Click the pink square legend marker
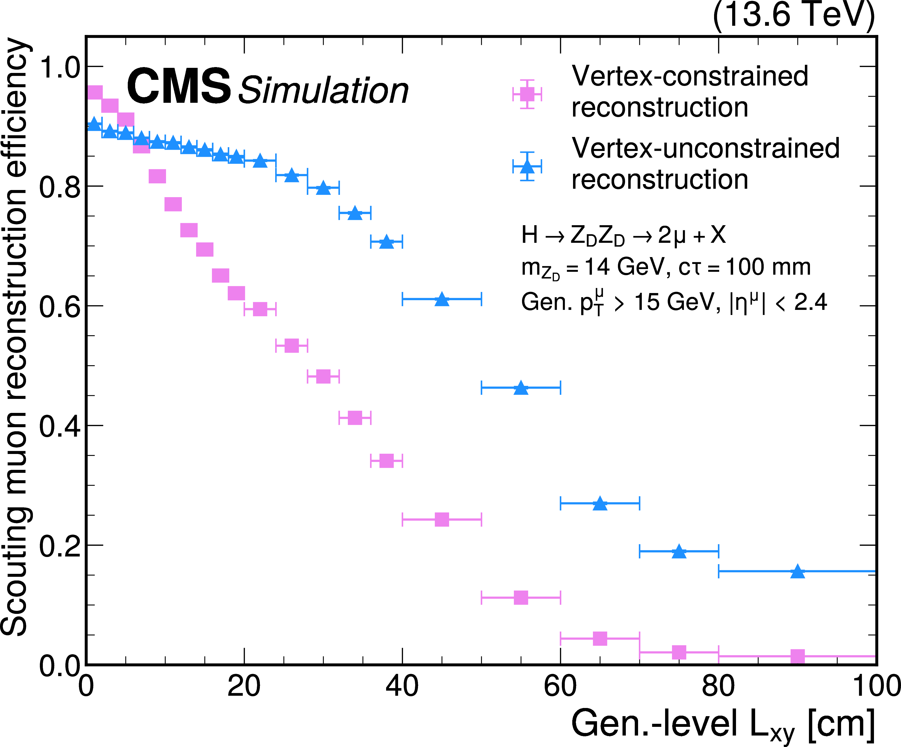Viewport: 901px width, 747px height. click(x=527, y=94)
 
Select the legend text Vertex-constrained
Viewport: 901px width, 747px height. click(x=690, y=76)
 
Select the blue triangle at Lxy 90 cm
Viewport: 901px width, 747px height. click(x=797, y=572)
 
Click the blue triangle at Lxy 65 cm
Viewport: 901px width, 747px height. click(x=600, y=504)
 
